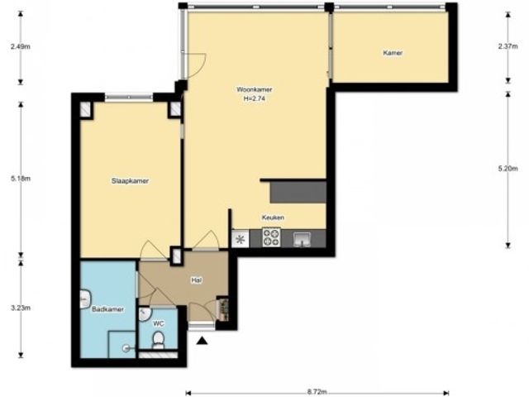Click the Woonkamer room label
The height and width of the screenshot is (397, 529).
click(254, 90)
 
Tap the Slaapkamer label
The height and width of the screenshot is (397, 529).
click(130, 181)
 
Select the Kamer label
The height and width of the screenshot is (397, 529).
click(393, 53)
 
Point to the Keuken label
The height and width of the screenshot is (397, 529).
click(273, 218)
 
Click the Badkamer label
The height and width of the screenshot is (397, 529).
click(108, 309)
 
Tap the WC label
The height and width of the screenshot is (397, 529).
click(159, 323)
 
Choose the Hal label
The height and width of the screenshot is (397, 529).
click(197, 280)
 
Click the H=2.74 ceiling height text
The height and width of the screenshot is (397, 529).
click(254, 99)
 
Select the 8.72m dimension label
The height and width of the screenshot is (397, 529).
click(317, 392)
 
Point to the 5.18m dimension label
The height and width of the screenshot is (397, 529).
click(21, 179)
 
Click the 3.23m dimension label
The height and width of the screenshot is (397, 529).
click(21, 308)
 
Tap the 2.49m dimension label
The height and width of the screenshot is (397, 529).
click(20, 46)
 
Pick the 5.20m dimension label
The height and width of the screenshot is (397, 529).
click(508, 169)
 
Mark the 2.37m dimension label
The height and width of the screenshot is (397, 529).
click(508, 46)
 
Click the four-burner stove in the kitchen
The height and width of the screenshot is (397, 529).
click(271, 237)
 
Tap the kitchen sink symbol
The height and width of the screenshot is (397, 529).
click(302, 239)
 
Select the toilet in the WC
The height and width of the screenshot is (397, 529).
click(158, 340)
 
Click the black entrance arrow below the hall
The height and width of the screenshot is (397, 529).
click(202, 341)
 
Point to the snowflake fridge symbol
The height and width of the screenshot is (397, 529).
click(241, 239)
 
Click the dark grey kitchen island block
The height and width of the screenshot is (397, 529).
click(298, 193)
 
